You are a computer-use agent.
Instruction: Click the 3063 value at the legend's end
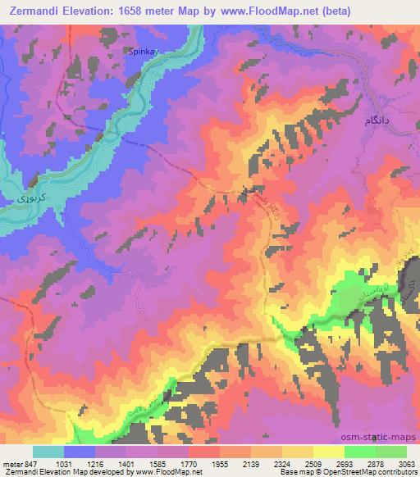point(408,463)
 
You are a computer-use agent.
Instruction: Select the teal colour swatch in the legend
point(48,452)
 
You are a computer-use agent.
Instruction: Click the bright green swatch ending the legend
point(390,452)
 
